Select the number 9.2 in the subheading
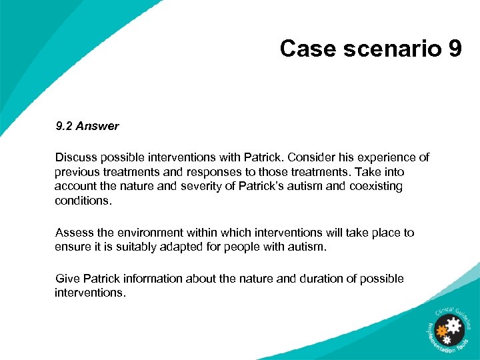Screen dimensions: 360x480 (65, 125)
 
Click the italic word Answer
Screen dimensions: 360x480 (98, 125)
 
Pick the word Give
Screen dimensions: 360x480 (68, 279)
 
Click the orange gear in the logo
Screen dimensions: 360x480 (441, 331)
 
